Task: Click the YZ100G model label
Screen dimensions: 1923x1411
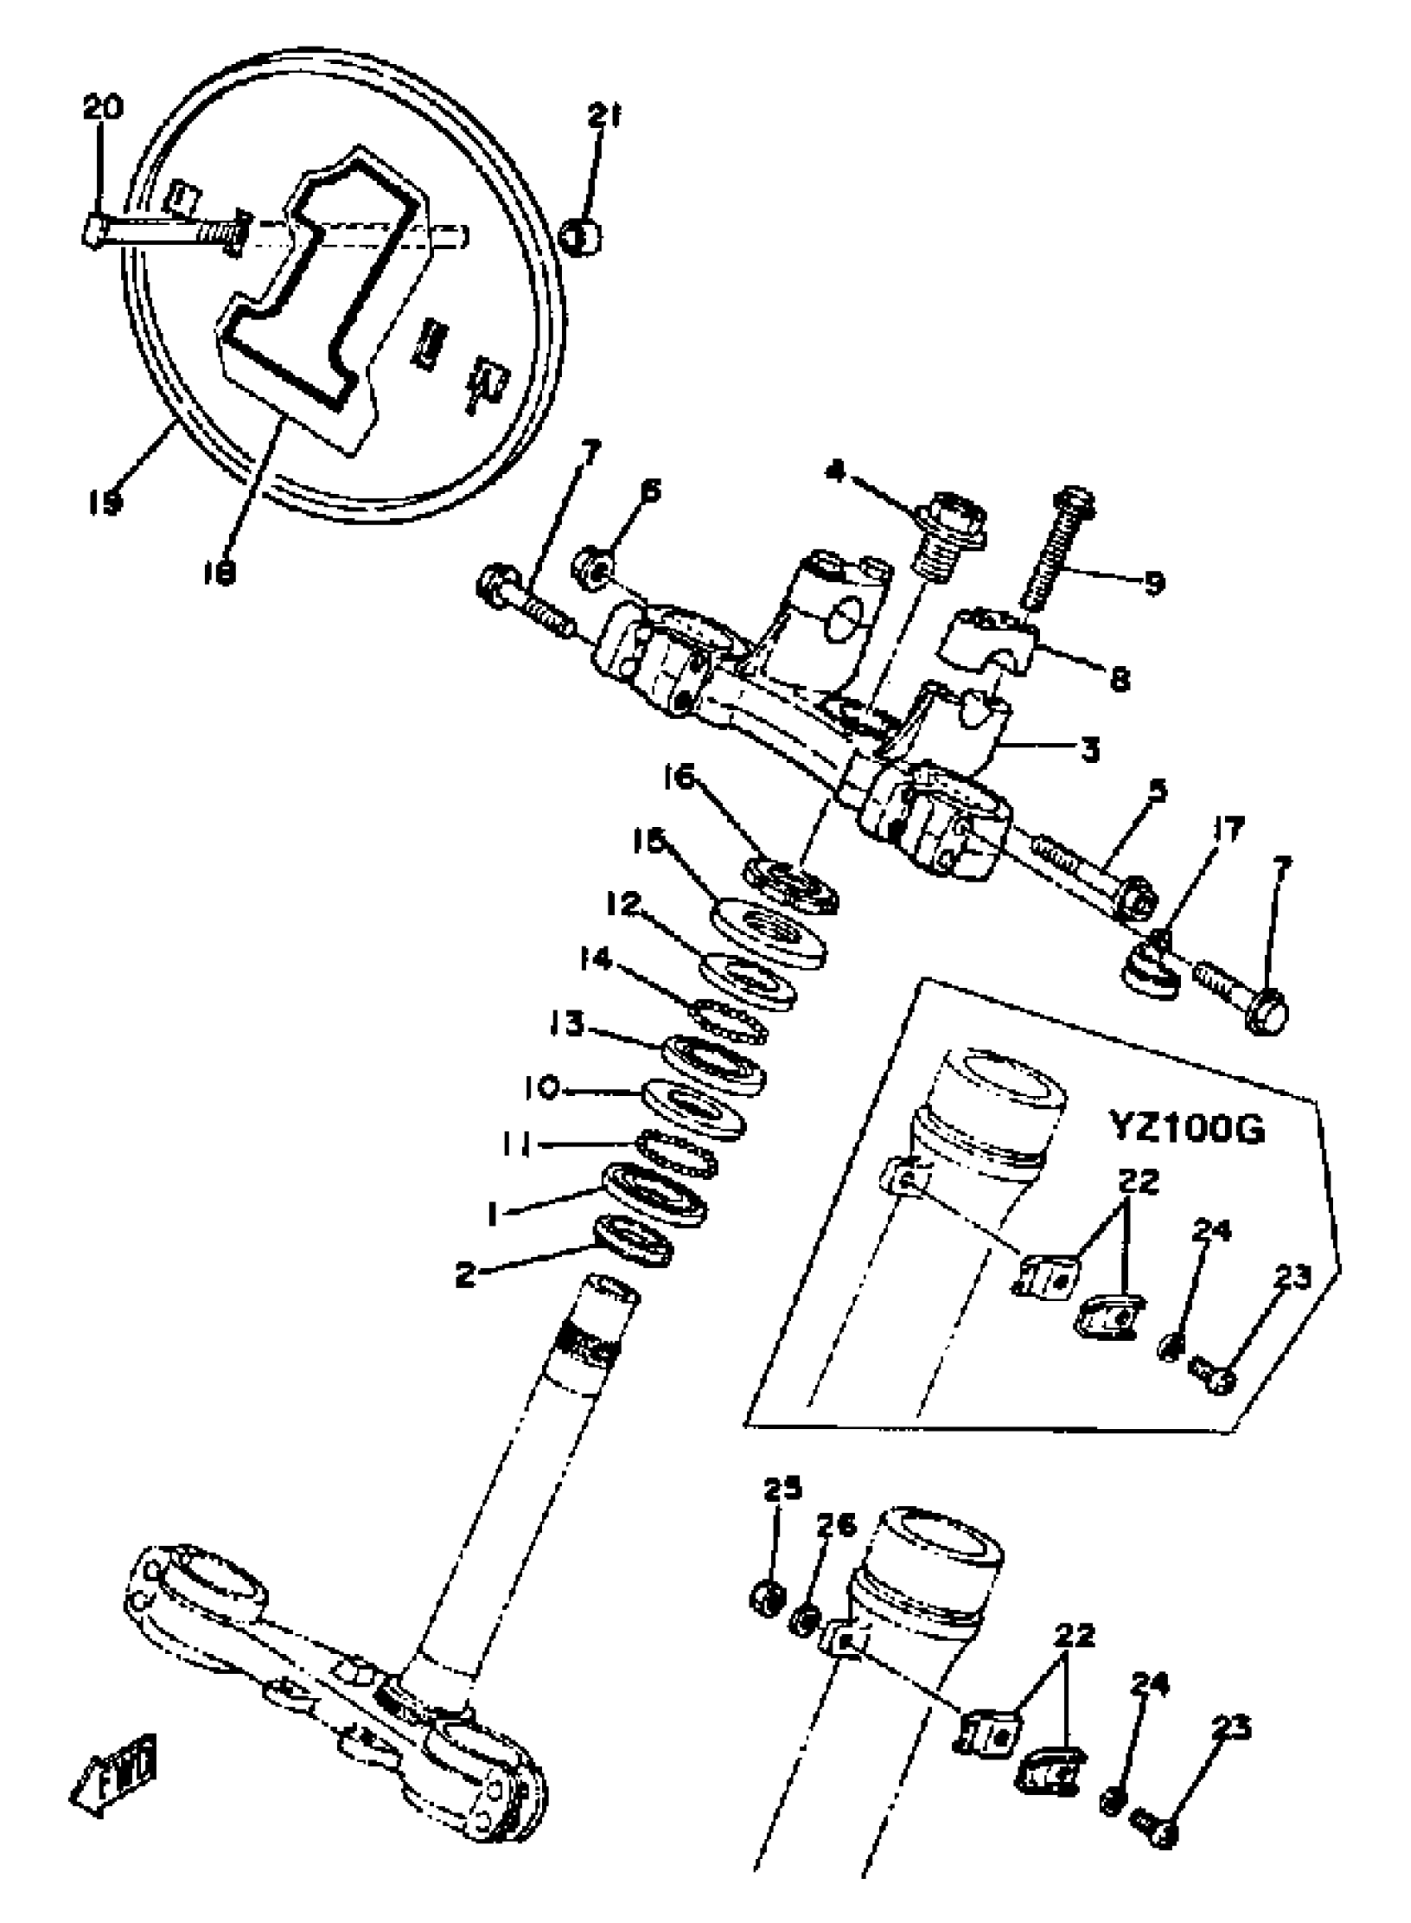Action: (x=1187, y=1129)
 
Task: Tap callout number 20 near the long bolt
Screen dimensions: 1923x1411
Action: (x=102, y=108)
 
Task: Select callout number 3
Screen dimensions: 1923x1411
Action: (x=1090, y=749)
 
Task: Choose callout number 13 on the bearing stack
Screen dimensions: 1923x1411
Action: (x=566, y=1023)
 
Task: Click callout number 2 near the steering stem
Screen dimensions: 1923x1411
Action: (x=466, y=1275)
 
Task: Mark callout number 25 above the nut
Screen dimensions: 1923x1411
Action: (x=783, y=1488)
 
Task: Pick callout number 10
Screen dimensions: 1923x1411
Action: (x=540, y=1088)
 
